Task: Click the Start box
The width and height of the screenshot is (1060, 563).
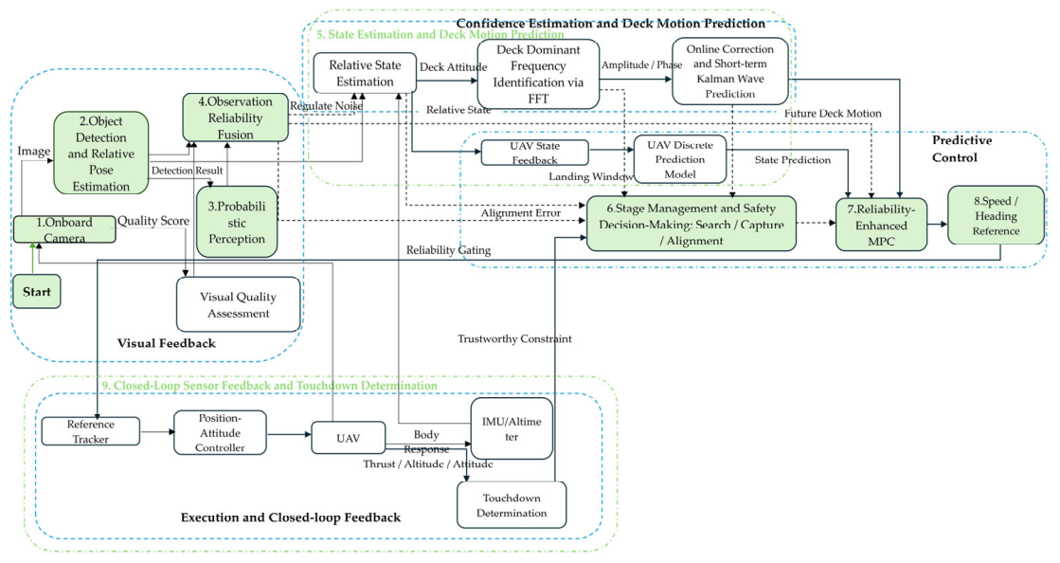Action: (x=37, y=292)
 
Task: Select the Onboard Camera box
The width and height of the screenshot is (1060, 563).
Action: (x=64, y=229)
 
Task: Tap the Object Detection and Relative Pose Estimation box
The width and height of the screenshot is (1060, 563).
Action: (x=100, y=154)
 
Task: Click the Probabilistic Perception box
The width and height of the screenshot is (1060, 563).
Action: (x=237, y=222)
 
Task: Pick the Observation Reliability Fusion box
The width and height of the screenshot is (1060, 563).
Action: (x=235, y=118)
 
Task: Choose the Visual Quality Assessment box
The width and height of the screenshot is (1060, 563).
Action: (x=238, y=304)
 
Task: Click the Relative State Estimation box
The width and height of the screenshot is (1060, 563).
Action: (x=365, y=73)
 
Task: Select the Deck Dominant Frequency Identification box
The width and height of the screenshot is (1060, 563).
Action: (x=538, y=74)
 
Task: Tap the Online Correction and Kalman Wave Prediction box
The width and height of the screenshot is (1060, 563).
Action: (x=730, y=71)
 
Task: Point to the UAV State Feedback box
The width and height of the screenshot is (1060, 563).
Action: (x=534, y=153)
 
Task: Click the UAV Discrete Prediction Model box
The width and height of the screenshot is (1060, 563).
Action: (x=679, y=159)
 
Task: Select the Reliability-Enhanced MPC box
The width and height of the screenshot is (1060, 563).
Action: (x=881, y=225)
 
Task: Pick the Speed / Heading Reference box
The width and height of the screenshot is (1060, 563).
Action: (x=996, y=215)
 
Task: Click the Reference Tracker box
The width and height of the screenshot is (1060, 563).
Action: (x=91, y=431)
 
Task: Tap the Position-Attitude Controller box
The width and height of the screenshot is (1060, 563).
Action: (x=220, y=432)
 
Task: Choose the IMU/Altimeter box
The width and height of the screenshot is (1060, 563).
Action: (x=512, y=429)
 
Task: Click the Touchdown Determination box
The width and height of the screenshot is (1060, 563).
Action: (x=512, y=505)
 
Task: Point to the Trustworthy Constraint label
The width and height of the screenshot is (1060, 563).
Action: (x=514, y=339)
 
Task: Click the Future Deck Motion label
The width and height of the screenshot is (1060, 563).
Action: (x=833, y=114)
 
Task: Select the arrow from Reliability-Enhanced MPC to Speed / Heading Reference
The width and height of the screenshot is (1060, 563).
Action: (x=938, y=224)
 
